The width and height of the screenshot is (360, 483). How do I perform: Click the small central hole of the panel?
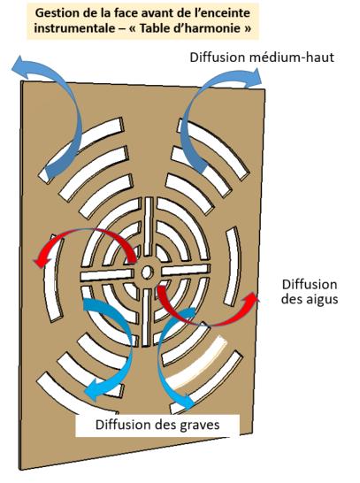pos(148,272)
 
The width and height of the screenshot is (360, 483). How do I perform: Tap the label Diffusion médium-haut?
pos(262,57)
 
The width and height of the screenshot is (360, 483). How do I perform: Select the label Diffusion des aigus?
pos(310,291)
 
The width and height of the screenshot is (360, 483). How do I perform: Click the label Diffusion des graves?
pos(157,425)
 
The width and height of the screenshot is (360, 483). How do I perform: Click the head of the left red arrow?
pos(42,261)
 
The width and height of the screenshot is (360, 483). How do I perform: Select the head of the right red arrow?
pos(252,298)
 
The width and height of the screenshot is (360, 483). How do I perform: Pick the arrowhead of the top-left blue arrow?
pos(19,65)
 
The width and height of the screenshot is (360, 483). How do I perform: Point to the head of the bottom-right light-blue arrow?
pos(187,402)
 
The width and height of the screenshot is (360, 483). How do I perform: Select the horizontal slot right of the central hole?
pos(186,270)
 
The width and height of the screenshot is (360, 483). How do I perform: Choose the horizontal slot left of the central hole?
pos(107,275)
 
